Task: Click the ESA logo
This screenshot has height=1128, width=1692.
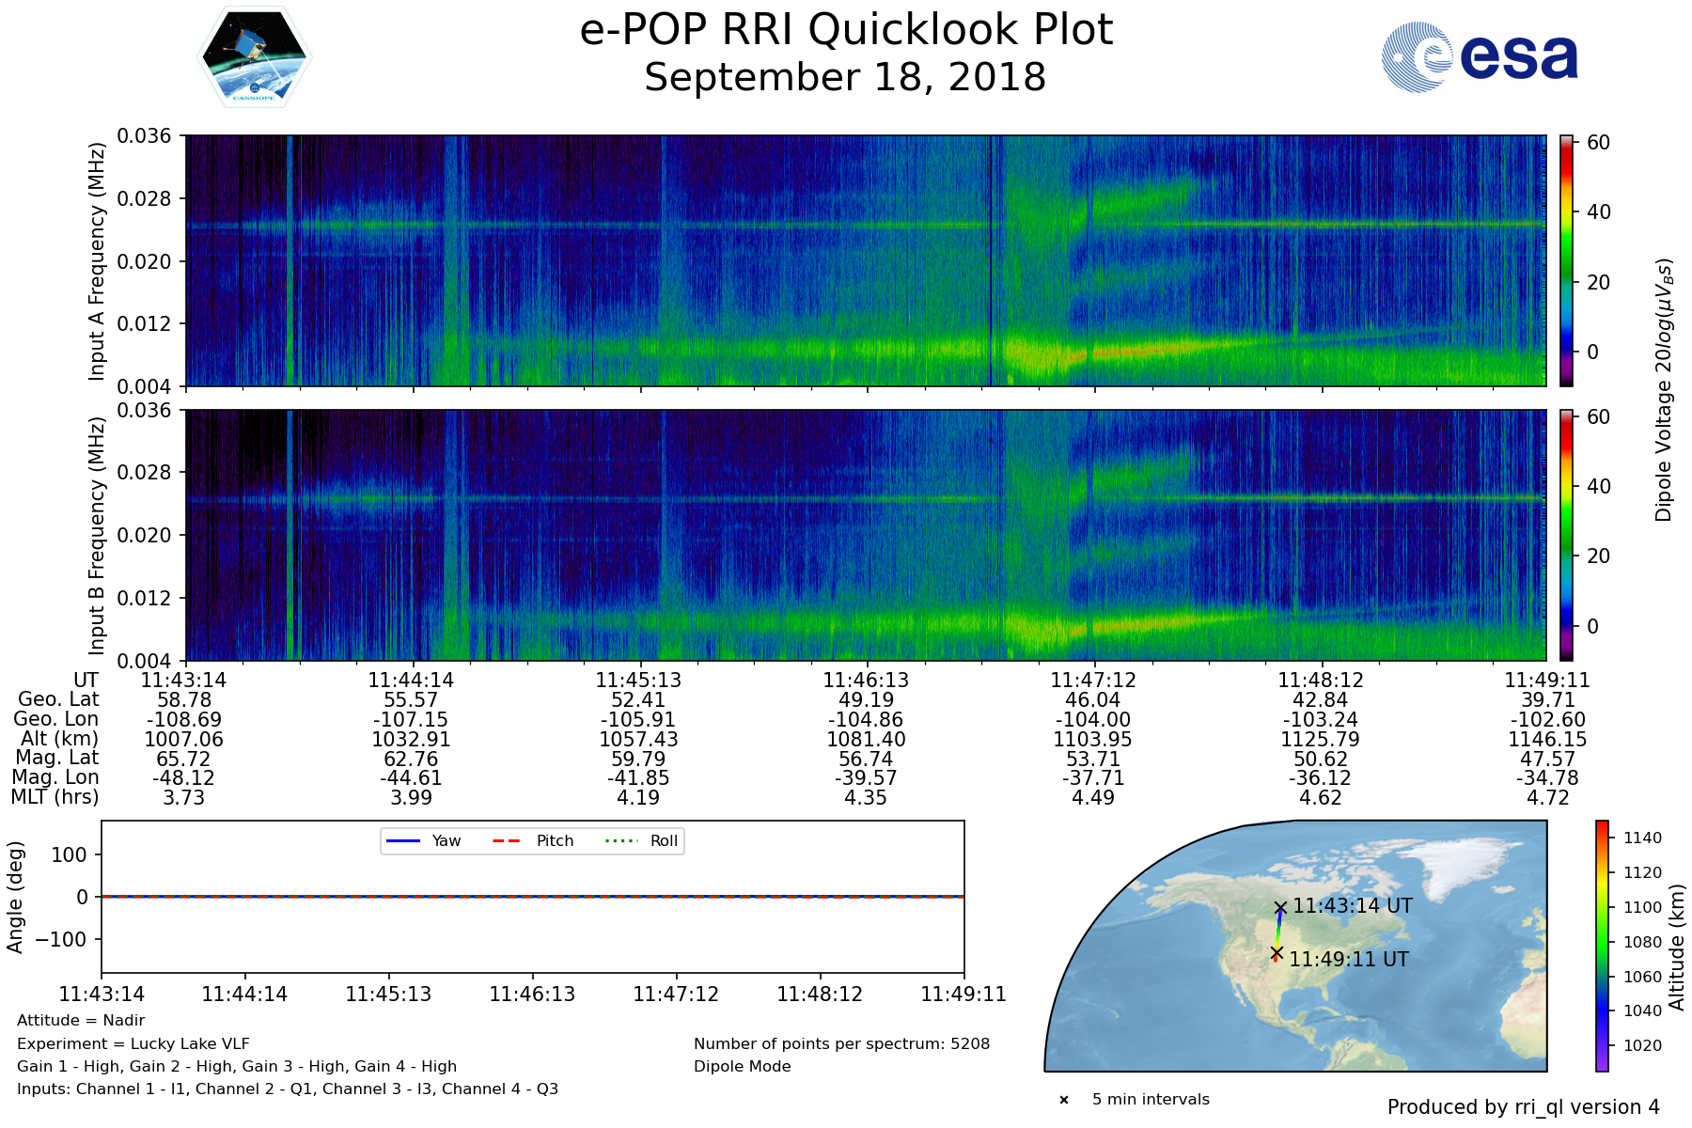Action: pyautogui.click(x=1480, y=57)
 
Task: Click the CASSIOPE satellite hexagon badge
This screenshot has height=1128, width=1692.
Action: pyautogui.click(x=254, y=56)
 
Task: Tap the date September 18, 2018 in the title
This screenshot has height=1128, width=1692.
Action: pyautogui.click(x=845, y=78)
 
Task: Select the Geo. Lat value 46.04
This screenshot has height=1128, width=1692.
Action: pyautogui.click(x=1092, y=700)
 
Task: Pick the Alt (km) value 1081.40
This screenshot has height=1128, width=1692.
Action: pyautogui.click(x=866, y=740)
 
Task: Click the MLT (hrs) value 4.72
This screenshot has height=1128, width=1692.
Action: pyautogui.click(x=1547, y=798)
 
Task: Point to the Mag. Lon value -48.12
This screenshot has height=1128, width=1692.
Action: pyautogui.click(x=183, y=778)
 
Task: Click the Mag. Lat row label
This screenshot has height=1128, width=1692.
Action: pyautogui.click(x=57, y=759)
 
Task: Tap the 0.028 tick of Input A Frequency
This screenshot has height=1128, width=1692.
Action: pyautogui.click(x=144, y=199)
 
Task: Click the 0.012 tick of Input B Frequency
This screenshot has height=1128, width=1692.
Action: pyautogui.click(x=144, y=598)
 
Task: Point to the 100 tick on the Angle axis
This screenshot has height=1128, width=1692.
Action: pyautogui.click(x=70, y=854)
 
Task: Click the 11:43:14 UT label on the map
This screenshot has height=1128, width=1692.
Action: pyautogui.click(x=1353, y=906)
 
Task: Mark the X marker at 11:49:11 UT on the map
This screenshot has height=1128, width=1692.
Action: pyautogui.click(x=1277, y=953)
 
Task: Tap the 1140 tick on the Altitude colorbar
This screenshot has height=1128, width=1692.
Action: pyautogui.click(x=1642, y=838)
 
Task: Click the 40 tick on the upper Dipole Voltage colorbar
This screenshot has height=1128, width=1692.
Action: pyautogui.click(x=1598, y=212)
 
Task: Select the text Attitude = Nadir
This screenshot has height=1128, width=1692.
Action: pyautogui.click(x=81, y=1021)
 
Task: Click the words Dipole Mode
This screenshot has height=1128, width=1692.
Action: pyautogui.click(x=743, y=1067)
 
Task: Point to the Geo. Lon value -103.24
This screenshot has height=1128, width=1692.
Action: pyautogui.click(x=1320, y=720)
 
